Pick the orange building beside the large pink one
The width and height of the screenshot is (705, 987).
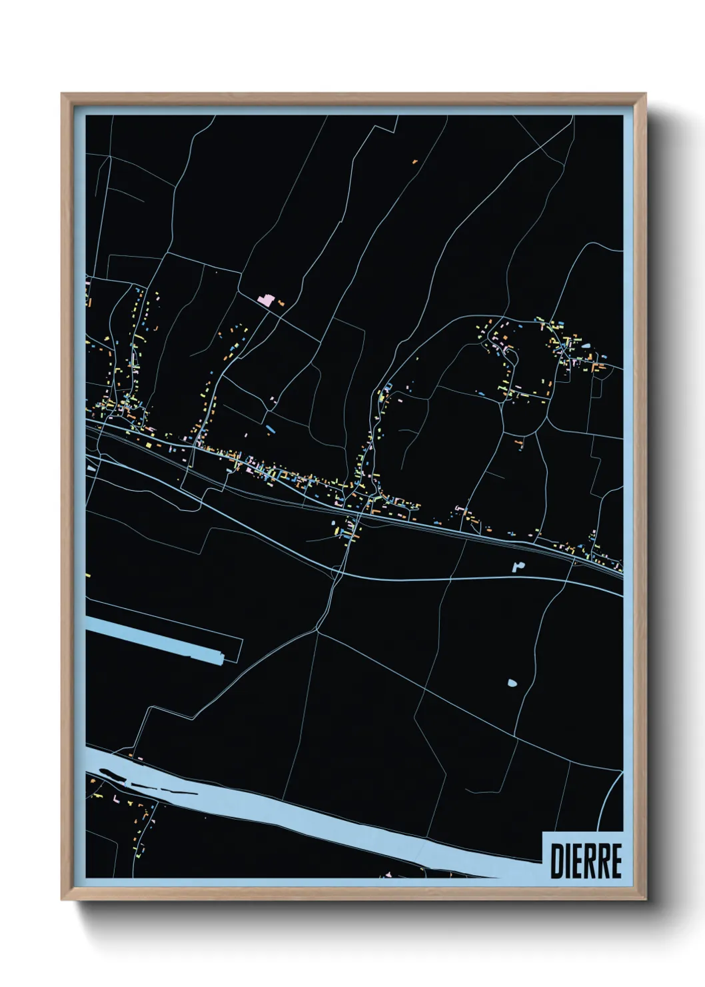(281, 303)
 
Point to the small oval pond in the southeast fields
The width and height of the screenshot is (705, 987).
(512, 683)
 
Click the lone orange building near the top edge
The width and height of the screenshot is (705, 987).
(414, 161)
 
